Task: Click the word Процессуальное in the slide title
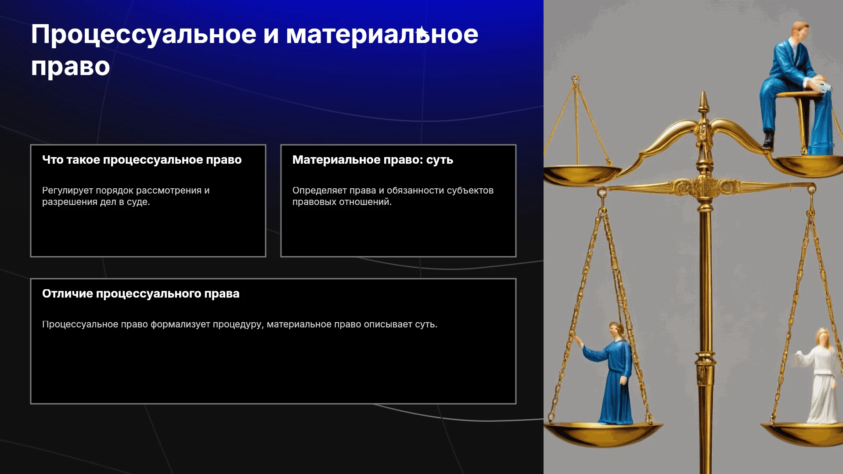(144, 35)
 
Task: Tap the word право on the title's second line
(70, 67)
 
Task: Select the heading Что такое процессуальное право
(142, 160)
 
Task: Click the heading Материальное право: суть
(373, 160)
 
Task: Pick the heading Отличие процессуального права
(140, 294)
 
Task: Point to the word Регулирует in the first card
(67, 190)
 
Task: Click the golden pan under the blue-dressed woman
(604, 432)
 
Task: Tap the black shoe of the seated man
(768, 139)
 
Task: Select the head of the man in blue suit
(800, 31)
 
